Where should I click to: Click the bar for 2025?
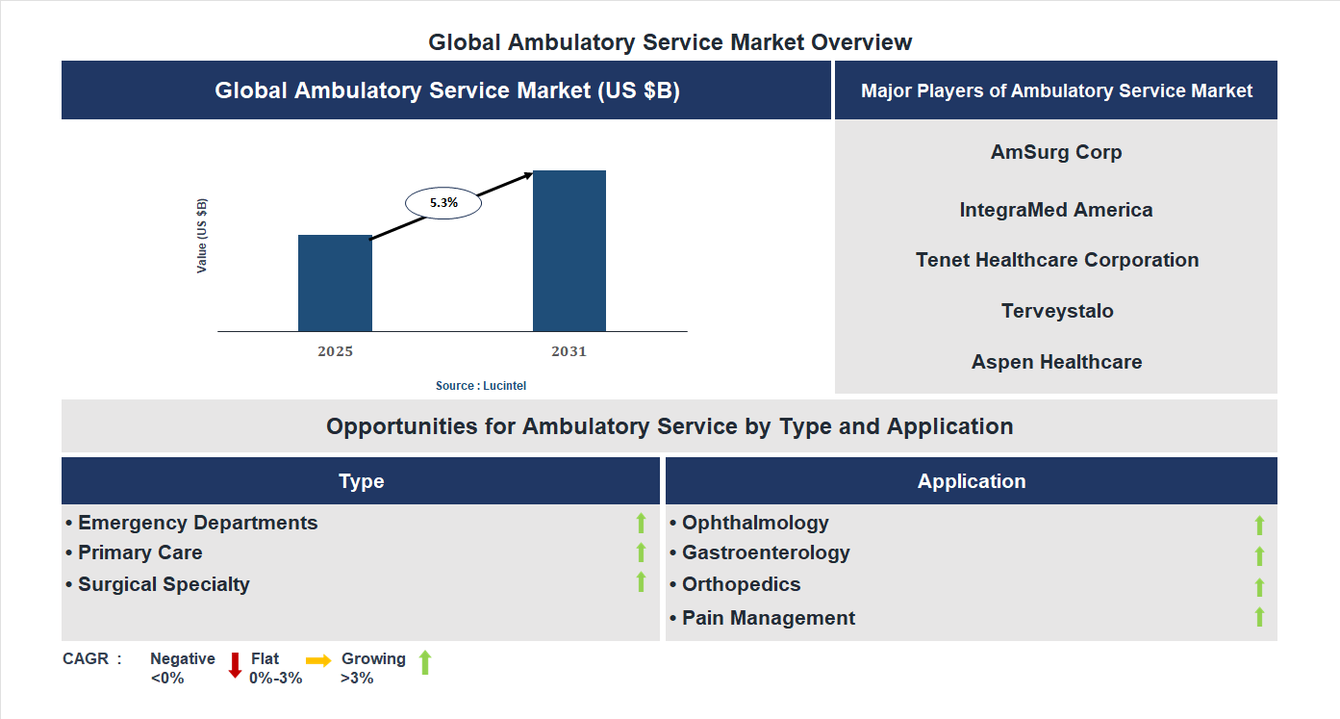[x=335, y=283]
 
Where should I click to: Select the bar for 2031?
[x=569, y=251]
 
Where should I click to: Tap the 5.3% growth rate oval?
[x=443, y=203]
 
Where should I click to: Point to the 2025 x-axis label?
[x=335, y=351]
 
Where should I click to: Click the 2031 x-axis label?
[x=569, y=351]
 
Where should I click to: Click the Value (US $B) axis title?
[x=202, y=236]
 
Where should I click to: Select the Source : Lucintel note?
[x=481, y=385]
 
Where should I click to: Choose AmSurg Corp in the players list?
[x=1056, y=152]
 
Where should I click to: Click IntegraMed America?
[x=1056, y=210]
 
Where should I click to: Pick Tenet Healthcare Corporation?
[x=1056, y=260]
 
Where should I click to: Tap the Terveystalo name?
[x=1056, y=311]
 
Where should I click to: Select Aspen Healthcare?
[x=1056, y=362]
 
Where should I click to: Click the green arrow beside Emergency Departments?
[x=641, y=523]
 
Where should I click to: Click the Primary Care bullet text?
[x=139, y=552]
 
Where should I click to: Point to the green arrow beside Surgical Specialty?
[x=641, y=582]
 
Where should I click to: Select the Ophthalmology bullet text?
[x=755, y=523]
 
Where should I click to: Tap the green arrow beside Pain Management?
[x=1259, y=617]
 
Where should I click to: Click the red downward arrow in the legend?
[x=235, y=665]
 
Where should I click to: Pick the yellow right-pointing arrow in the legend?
[x=318, y=660]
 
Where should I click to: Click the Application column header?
[x=971, y=481]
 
